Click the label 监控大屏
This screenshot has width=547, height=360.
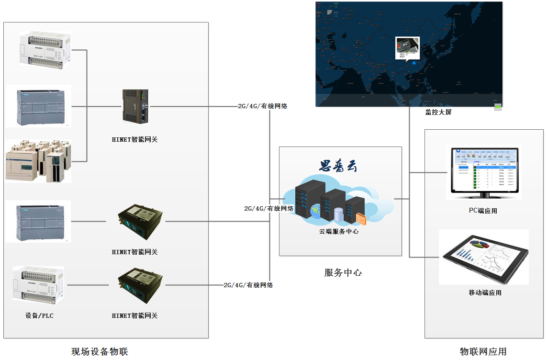point(438,112)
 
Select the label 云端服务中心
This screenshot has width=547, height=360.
point(339,231)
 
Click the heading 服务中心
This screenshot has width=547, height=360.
point(343,273)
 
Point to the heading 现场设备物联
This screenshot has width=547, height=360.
point(100,352)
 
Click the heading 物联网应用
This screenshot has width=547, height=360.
point(483,352)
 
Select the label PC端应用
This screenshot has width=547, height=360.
point(483,211)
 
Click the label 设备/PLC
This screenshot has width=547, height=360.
point(39,315)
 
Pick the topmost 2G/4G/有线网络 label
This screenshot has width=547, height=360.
point(263,106)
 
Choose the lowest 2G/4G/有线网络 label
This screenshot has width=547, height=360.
point(248,285)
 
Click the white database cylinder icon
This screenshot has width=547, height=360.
point(339,214)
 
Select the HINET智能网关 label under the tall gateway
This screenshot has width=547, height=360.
point(134,140)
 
